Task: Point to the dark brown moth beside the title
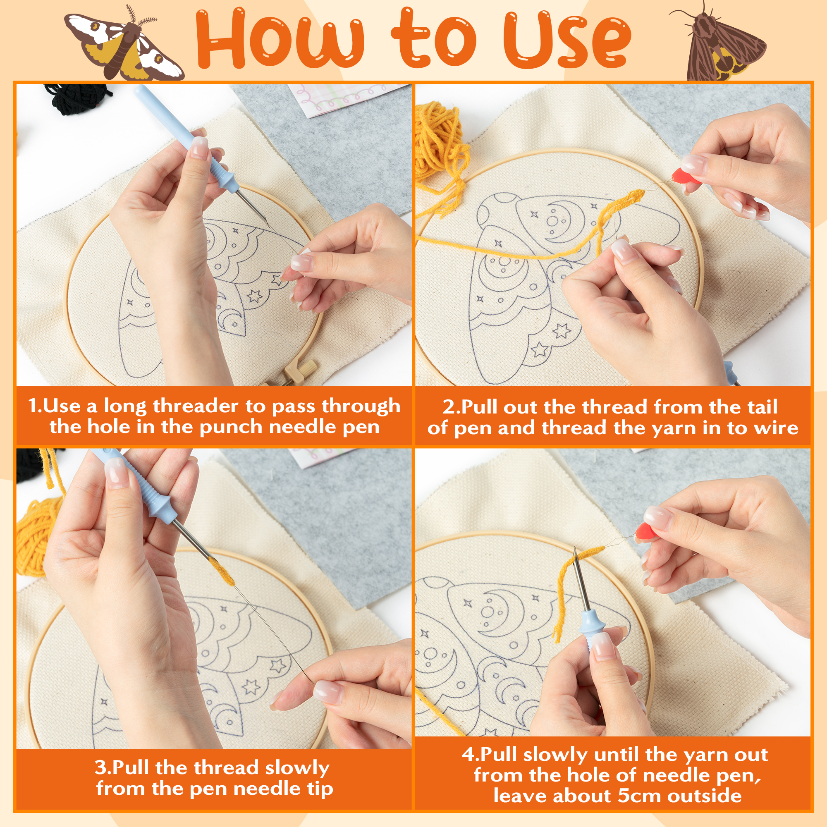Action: tap(719, 43)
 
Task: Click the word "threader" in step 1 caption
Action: tap(197, 406)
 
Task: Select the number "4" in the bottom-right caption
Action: tap(467, 755)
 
